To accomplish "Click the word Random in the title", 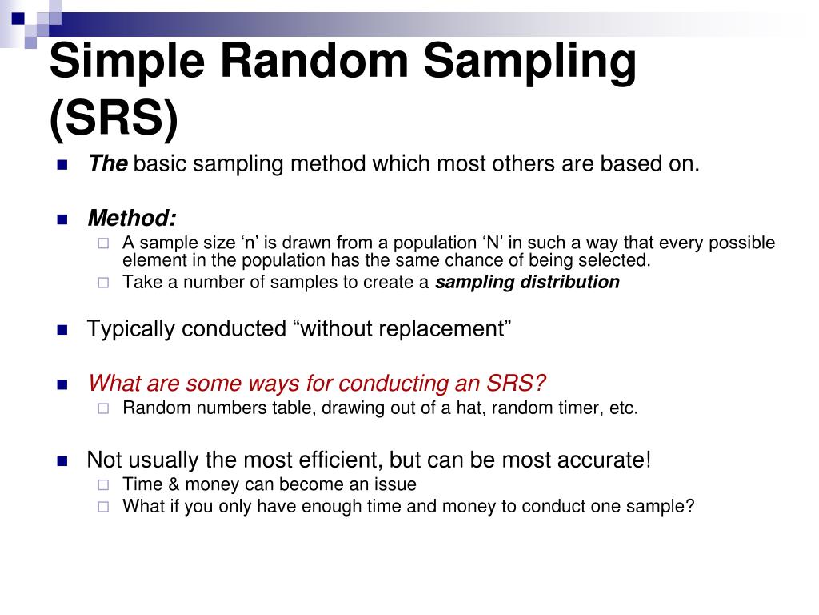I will [304, 62].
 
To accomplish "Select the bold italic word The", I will [108, 165].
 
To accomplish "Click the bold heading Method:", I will [132, 218].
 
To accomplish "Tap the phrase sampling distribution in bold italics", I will [527, 282].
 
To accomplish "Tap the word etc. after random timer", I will [623, 408].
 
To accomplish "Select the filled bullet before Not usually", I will [62, 461].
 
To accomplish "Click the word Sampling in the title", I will [529, 62].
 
